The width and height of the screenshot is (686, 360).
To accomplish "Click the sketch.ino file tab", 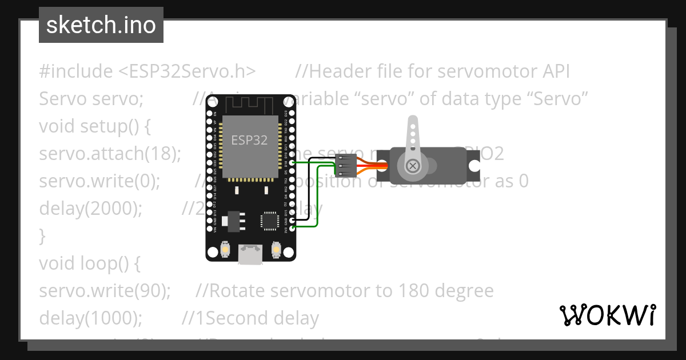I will [x=101, y=25].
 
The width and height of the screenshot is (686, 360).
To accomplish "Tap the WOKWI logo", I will [x=608, y=315].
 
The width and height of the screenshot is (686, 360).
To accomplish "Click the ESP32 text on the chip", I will [x=249, y=140].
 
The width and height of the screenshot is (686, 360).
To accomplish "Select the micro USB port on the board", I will [x=251, y=254].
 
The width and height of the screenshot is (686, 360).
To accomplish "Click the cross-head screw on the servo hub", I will [x=412, y=166].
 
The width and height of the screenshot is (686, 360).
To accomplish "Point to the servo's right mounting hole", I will [x=474, y=166].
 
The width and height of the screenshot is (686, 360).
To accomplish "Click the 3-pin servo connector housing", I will [x=346, y=166].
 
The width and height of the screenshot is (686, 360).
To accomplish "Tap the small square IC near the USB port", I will [x=269, y=221].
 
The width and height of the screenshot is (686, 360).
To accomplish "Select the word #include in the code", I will [x=76, y=71].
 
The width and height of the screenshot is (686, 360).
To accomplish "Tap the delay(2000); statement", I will [x=90, y=209].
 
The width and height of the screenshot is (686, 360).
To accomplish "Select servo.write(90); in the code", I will [x=105, y=291].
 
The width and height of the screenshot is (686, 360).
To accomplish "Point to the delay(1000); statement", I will [x=90, y=318].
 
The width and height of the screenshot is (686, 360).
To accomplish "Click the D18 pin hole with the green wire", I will [x=293, y=162].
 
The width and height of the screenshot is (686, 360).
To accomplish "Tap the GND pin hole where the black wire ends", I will [x=293, y=220].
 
